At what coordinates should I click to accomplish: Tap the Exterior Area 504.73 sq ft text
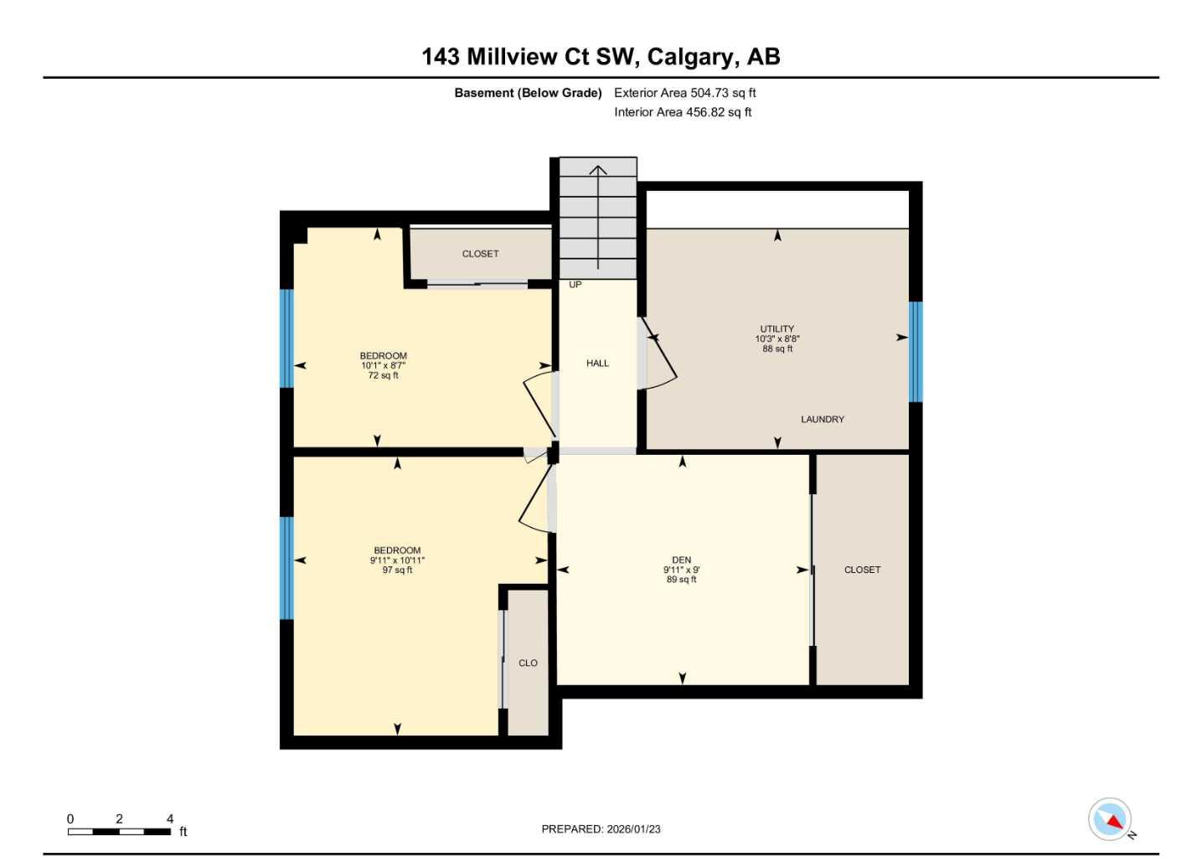(684, 93)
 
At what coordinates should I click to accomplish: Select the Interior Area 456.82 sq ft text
(683, 112)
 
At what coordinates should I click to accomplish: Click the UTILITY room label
(776, 329)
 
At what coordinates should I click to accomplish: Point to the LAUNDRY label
(822, 419)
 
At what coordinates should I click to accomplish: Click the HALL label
(597, 364)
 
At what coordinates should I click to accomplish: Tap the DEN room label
(681, 560)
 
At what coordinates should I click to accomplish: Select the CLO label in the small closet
(528, 663)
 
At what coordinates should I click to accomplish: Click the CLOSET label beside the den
(862, 570)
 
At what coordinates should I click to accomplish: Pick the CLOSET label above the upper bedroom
(480, 254)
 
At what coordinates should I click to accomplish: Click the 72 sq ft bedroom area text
(383, 375)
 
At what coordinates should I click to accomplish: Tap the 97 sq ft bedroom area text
(397, 570)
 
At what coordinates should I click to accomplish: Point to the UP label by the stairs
(575, 285)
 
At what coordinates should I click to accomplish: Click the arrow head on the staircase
(597, 170)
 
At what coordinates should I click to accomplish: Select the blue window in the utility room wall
(916, 352)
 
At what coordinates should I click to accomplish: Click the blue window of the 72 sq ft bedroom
(286, 338)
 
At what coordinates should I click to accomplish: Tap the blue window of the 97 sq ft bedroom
(286, 568)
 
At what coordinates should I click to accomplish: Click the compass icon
(1110, 818)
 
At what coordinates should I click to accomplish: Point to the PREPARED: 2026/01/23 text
(601, 829)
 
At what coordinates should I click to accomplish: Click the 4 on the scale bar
(170, 818)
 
